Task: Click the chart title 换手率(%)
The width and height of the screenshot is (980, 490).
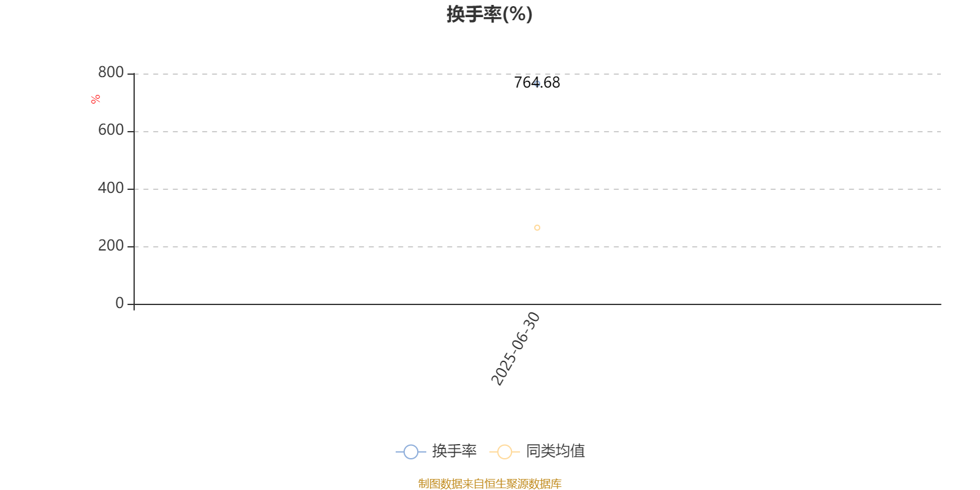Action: (x=489, y=14)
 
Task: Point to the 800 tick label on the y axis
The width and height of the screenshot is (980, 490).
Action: (x=111, y=72)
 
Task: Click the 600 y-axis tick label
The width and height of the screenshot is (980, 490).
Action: (x=111, y=130)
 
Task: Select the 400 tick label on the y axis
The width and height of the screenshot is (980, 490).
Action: (x=111, y=187)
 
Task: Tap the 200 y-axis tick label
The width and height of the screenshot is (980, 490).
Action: (x=111, y=246)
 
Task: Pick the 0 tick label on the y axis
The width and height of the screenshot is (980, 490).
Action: (x=119, y=303)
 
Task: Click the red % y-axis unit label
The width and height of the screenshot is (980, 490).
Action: (x=96, y=99)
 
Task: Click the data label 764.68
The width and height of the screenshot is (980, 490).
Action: (x=537, y=83)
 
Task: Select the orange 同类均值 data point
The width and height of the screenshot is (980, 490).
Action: (x=537, y=227)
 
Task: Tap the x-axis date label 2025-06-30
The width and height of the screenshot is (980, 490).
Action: (x=515, y=349)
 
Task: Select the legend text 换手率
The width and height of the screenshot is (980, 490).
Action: (x=454, y=451)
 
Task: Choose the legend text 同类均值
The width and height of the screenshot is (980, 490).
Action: (x=555, y=451)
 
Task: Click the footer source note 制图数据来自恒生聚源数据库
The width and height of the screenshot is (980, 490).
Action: (x=489, y=483)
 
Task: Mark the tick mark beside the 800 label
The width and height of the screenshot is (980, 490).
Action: (x=130, y=74)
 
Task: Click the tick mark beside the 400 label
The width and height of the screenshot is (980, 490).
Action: (x=130, y=189)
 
